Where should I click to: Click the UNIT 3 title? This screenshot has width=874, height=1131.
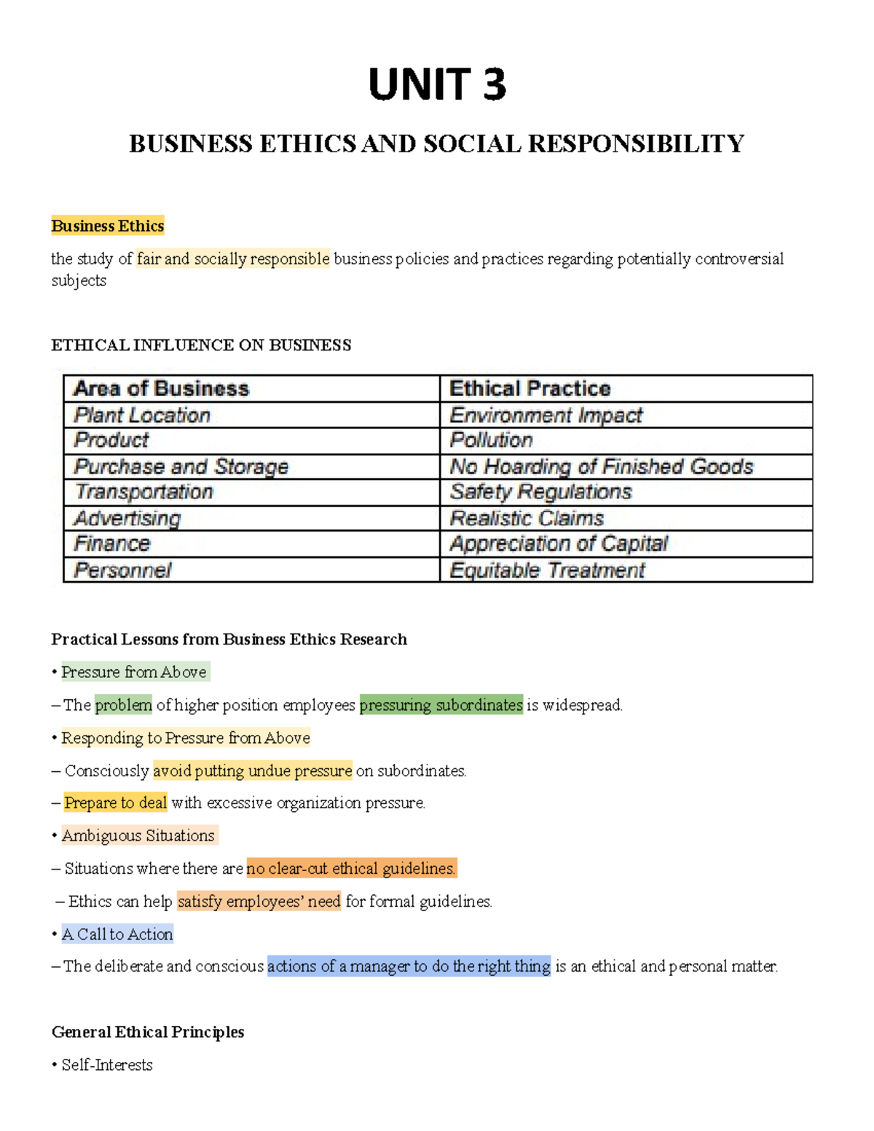tap(436, 84)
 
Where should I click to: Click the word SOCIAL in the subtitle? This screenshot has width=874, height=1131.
tap(471, 143)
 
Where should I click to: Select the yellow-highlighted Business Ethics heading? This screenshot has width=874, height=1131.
tap(108, 226)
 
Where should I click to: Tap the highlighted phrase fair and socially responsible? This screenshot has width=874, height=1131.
tap(233, 259)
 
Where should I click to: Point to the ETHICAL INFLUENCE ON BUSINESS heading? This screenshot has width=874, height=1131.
tap(201, 345)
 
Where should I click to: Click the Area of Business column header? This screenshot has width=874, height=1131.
tap(161, 388)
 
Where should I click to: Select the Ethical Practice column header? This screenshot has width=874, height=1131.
tap(529, 388)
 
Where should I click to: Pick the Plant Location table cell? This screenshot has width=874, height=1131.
tap(142, 415)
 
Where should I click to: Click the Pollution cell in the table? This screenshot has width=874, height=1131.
tap(491, 440)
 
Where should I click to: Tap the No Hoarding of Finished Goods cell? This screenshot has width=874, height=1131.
tap(602, 466)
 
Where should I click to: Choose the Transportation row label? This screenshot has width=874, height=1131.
tap(143, 492)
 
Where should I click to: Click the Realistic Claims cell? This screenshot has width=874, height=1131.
tap(527, 518)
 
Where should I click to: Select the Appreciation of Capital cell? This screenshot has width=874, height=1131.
tap(559, 543)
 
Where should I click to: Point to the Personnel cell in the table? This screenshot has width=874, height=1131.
tap(122, 570)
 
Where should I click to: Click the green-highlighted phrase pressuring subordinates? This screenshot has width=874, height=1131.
tap(441, 704)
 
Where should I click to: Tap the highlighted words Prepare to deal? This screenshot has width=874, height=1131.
tap(116, 803)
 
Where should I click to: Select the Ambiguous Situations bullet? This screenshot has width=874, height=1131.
tap(138, 835)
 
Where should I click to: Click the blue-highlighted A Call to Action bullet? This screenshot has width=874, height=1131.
tap(117, 934)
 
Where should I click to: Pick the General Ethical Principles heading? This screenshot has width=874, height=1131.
tap(148, 1032)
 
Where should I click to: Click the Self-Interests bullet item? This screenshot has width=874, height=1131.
tap(107, 1065)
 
